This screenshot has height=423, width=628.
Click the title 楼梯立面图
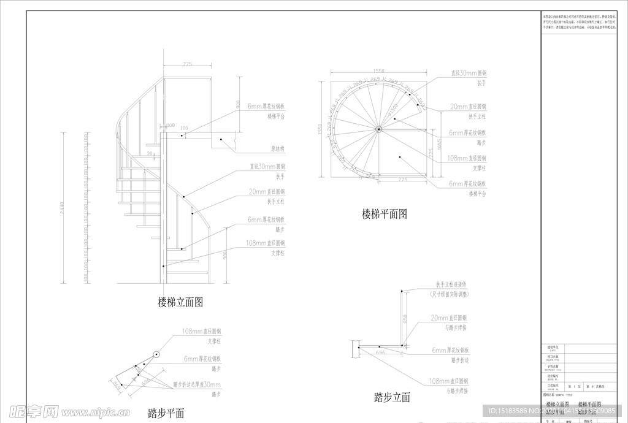click(180, 302)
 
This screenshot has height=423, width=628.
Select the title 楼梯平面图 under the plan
click(384, 214)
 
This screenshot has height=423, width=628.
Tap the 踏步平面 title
click(166, 413)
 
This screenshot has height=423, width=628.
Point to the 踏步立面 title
click(392, 397)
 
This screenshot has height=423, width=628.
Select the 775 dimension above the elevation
click(187, 64)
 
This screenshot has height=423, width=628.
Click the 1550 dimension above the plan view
click(378, 71)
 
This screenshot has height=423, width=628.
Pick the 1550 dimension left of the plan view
click(320, 129)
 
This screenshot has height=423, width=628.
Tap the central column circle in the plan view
click(379, 129)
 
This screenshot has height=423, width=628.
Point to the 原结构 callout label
click(278, 148)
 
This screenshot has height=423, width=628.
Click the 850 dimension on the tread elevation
click(405, 319)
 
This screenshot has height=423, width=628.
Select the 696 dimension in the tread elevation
click(380, 352)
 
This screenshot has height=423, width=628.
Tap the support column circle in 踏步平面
click(156, 354)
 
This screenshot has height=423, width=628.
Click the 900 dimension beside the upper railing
click(237, 104)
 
